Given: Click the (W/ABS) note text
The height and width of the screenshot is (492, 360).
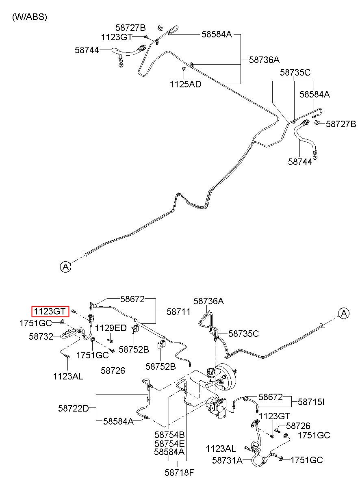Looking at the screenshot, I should (x=29, y=17).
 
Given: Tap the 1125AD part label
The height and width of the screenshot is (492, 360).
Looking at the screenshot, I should (x=185, y=84).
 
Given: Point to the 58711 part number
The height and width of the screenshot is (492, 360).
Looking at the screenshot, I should (x=178, y=312).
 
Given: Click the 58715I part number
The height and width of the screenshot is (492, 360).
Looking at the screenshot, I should (x=311, y=402).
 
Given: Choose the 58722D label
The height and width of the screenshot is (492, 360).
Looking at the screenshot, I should (x=73, y=408).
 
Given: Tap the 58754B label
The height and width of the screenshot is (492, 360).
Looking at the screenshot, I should (x=169, y=435).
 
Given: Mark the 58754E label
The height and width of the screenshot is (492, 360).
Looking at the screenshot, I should (x=169, y=443).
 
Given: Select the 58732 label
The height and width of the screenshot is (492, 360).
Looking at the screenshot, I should (x=41, y=336).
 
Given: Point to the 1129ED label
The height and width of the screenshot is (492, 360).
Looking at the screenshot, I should (x=111, y=328).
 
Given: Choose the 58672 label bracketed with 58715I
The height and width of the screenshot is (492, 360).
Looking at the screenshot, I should (x=271, y=397).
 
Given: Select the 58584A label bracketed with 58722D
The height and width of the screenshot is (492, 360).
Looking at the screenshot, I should (x=118, y=421).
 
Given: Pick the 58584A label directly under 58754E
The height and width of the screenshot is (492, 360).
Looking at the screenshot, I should (x=169, y=451).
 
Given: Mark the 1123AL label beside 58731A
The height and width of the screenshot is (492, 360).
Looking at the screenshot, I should (x=221, y=449).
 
